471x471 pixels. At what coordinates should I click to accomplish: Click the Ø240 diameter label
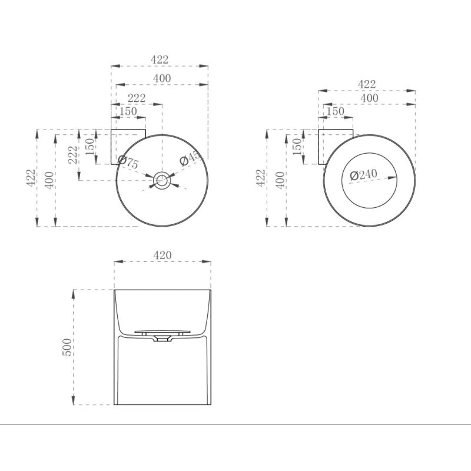[363, 174]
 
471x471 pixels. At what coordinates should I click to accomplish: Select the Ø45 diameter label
[190, 158]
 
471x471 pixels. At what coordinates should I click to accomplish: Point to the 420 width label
[162, 255]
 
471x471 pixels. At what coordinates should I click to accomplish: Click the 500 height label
[67, 347]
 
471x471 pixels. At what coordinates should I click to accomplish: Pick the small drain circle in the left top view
[162, 180]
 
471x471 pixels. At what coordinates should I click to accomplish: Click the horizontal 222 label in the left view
[137, 98]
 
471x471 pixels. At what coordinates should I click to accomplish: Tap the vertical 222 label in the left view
[73, 155]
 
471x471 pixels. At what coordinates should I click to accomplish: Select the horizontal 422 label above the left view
[160, 59]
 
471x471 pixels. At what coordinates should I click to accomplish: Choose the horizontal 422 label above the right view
[367, 84]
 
